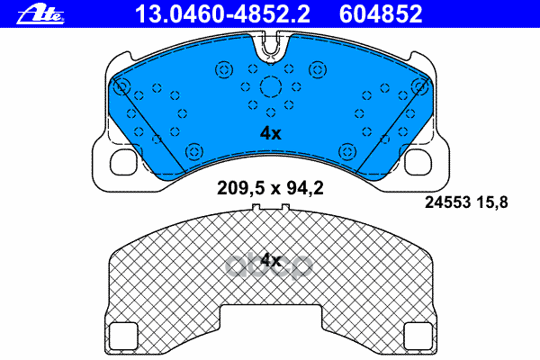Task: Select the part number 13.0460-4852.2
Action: (184, 13)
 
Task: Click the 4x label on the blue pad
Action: (271, 133)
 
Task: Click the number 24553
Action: (446, 202)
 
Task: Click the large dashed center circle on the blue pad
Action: (271, 88)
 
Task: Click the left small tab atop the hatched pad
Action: (256, 211)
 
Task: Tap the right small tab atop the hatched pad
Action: (285, 211)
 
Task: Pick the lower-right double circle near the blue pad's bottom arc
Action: (347, 150)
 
